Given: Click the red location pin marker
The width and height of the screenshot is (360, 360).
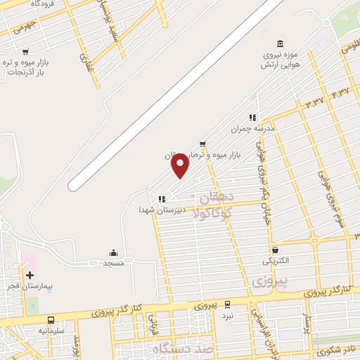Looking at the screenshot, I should (181, 166).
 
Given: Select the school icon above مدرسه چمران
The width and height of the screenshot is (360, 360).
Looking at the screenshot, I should (252, 117).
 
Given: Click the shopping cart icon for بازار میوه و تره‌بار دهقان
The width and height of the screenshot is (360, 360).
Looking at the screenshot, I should (202, 143).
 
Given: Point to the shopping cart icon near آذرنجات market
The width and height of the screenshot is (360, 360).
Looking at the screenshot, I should (26, 51).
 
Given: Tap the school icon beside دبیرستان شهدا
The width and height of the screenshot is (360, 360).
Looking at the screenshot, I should (162, 199).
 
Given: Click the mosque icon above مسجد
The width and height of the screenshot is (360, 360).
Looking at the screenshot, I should (114, 252).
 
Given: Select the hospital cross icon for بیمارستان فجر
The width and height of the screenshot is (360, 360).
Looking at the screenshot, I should (30, 275).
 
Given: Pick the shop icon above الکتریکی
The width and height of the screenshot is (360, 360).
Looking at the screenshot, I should (275, 249).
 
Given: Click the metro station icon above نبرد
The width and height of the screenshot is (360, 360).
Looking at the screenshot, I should (227, 304).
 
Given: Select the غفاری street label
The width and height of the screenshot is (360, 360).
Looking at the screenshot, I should (86, 63).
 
